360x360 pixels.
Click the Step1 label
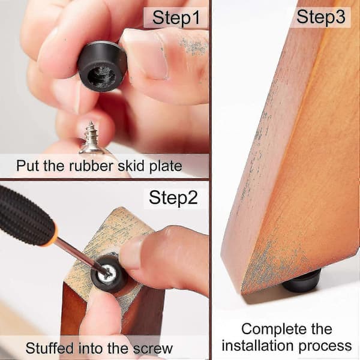point(176,17)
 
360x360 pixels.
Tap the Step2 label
point(173,197)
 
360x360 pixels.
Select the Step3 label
point(321,17)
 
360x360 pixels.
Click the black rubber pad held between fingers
point(102,66)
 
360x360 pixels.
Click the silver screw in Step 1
point(92,139)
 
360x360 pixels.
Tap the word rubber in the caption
point(91,166)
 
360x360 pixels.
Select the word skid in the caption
point(131,166)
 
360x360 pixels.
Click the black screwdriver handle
point(25,217)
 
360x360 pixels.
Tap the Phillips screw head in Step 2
point(108,273)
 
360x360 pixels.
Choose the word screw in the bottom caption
point(153,349)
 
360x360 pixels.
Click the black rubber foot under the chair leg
point(301,282)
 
